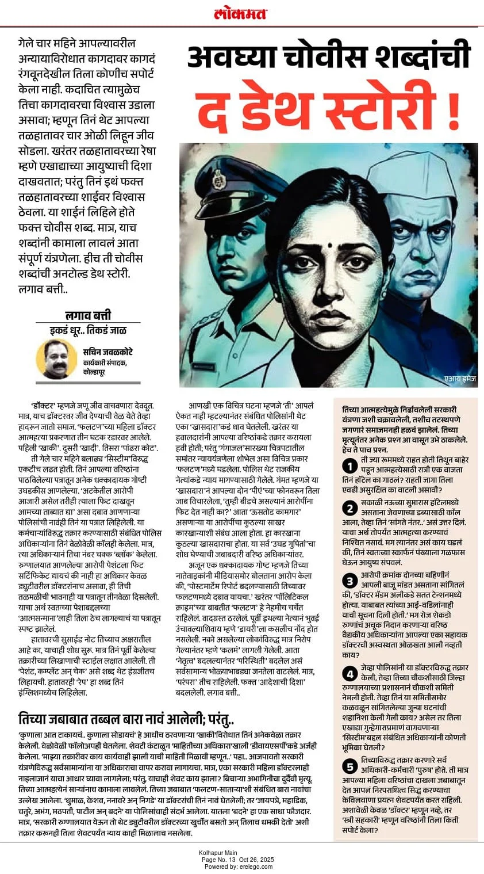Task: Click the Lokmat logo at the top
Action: pos(241,13)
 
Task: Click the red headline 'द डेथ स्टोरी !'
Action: pos(328,107)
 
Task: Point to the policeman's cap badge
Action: pos(219,182)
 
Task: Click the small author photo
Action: pos(56,358)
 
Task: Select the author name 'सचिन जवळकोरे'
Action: pos(103,352)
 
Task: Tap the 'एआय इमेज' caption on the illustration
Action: pos(459,379)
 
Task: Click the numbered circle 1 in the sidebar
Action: pos(349,465)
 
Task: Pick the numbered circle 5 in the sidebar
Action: pos(349,766)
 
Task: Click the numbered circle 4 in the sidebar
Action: pos(349,674)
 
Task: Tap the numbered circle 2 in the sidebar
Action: pos(349,507)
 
